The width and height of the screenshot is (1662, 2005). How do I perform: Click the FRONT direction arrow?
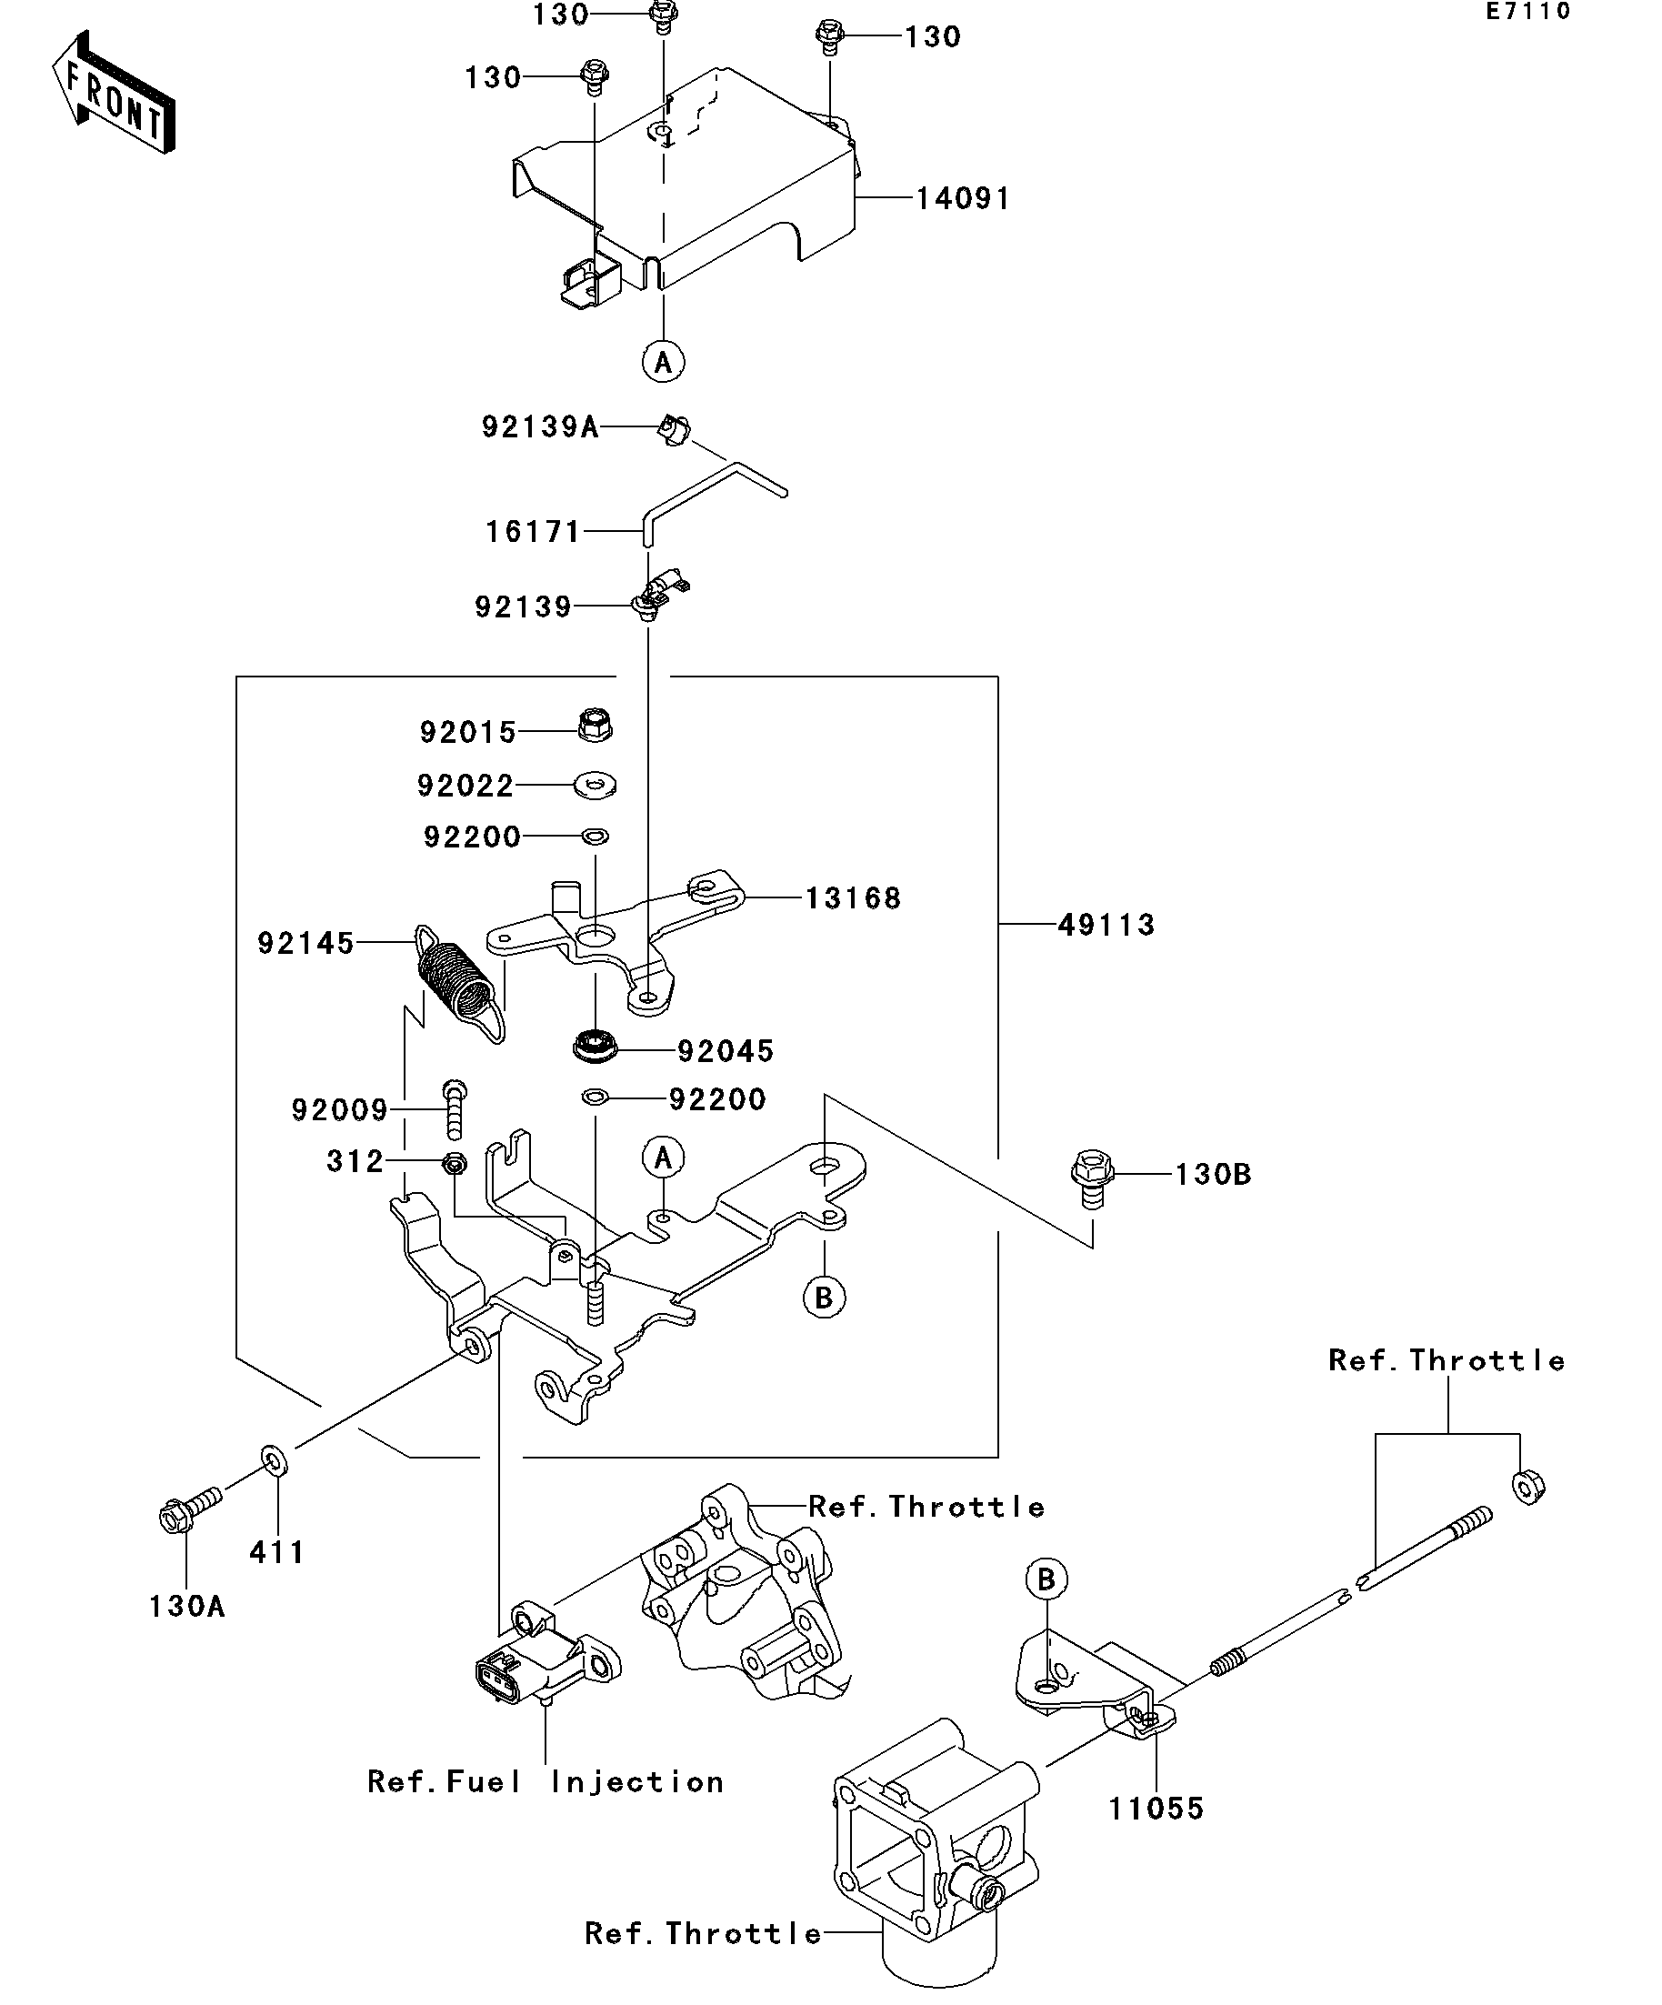pyautogui.click(x=114, y=93)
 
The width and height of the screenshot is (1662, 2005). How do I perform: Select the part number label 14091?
pyautogui.click(x=962, y=198)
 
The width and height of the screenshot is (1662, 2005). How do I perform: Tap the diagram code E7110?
pyautogui.click(x=1527, y=12)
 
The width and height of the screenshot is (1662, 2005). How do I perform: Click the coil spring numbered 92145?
pyautogui.click(x=458, y=981)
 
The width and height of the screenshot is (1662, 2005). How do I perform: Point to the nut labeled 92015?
pyautogui.click(x=595, y=726)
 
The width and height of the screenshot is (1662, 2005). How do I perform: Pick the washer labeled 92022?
pyautogui.click(x=595, y=786)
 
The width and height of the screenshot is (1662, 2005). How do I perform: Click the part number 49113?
pyautogui.click(x=1106, y=924)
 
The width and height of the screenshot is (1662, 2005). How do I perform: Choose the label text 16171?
pyautogui.click(x=533, y=531)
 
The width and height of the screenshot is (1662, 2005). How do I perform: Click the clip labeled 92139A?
pyautogui.click(x=675, y=431)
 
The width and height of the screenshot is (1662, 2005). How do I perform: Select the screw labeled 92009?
pyautogui.click(x=455, y=1108)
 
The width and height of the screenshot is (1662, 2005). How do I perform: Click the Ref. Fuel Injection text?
pyautogui.click(x=546, y=1781)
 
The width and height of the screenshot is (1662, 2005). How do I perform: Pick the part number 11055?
pyautogui.click(x=1156, y=1809)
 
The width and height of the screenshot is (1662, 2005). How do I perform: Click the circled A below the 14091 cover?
pyautogui.click(x=664, y=362)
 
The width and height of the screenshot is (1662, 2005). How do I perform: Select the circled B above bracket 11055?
pyautogui.click(x=1046, y=1579)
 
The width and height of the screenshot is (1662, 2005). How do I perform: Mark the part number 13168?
pyautogui.click(x=854, y=898)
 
